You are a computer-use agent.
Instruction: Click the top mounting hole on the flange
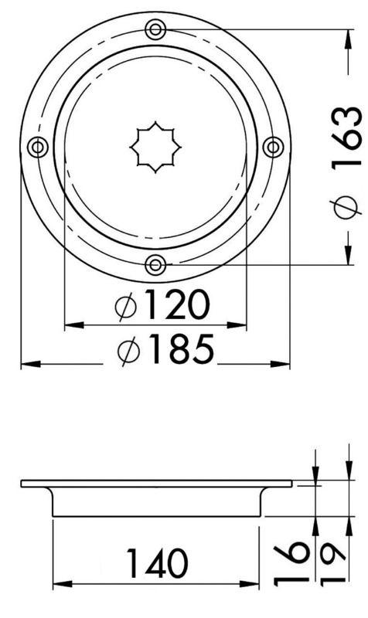click(x=155, y=30)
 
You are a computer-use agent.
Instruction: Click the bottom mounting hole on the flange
click(x=155, y=265)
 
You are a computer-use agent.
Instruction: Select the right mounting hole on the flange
click(x=273, y=147)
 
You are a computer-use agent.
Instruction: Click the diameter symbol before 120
click(x=125, y=307)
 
